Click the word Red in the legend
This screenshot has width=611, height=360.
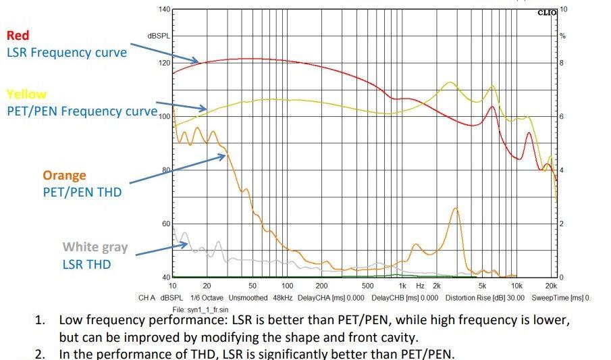click(x=18, y=35)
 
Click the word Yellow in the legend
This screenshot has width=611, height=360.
click(x=26, y=95)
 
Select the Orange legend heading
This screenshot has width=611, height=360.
click(x=65, y=176)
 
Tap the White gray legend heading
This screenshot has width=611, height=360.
click(x=95, y=248)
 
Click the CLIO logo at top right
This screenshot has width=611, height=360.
click(x=547, y=13)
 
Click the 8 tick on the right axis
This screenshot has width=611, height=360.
click(x=563, y=63)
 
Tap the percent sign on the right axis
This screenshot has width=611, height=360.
click(x=562, y=35)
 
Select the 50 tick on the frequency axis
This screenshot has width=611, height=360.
click(x=252, y=286)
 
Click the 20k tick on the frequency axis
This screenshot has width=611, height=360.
click(x=552, y=286)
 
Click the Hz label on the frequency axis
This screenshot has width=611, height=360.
click(x=419, y=286)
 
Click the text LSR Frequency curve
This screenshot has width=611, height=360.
click(x=67, y=52)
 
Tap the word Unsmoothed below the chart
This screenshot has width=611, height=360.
click(x=247, y=297)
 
